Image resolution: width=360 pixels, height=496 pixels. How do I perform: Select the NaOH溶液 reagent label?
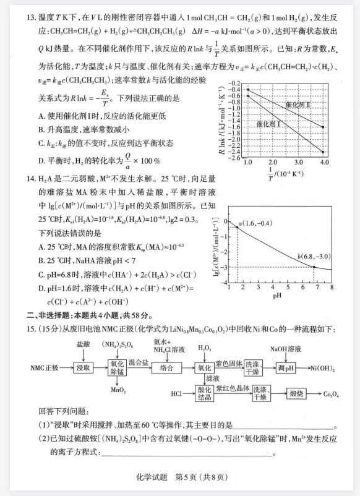point(285,349)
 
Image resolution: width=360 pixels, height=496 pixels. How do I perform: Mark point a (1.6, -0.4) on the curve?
point(238,228)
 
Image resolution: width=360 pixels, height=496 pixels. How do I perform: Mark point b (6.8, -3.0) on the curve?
point(314,267)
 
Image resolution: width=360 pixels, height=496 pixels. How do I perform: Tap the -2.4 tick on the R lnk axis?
point(234,152)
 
